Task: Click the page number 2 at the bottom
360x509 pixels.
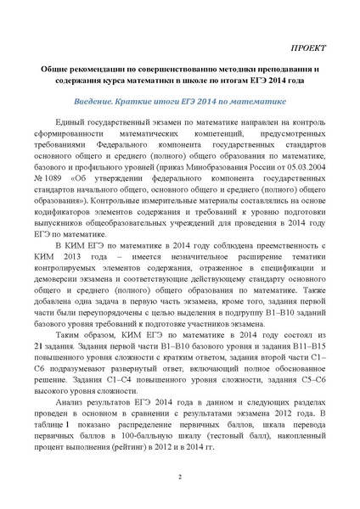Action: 180,478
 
